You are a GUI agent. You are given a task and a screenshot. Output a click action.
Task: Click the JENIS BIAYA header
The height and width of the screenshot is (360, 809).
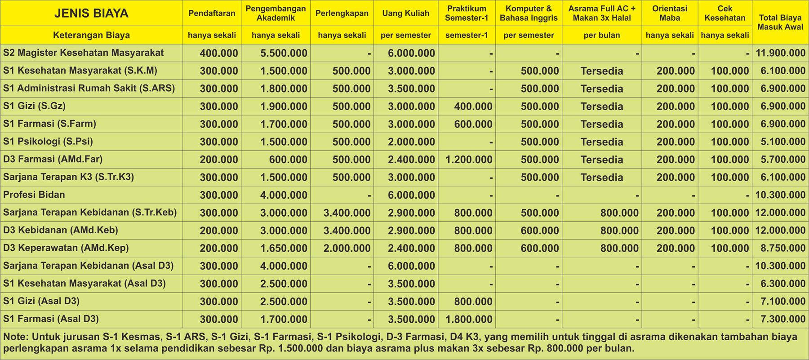click(91, 13)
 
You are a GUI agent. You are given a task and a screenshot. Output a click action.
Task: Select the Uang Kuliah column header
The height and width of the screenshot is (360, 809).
click(405, 13)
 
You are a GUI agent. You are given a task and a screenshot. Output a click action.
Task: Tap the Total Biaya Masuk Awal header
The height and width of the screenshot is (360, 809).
click(780, 22)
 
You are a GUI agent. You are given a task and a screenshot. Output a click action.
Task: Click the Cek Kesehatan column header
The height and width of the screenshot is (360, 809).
click(725, 13)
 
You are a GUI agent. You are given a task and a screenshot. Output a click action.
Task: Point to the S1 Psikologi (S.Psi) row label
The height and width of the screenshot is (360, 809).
click(48, 142)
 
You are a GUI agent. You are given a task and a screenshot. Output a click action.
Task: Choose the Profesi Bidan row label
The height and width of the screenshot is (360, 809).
click(34, 195)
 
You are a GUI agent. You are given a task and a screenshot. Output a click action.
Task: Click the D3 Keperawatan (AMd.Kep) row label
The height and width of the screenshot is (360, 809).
click(66, 248)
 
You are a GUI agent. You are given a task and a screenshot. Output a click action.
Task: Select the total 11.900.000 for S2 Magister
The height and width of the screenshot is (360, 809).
click(780, 53)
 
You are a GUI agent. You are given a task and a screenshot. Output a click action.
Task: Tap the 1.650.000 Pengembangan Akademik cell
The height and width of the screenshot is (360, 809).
click(284, 248)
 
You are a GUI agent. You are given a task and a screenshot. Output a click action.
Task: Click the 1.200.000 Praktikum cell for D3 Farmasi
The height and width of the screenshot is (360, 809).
click(469, 160)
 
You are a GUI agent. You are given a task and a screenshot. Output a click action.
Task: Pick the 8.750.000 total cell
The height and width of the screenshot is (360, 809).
click(783, 248)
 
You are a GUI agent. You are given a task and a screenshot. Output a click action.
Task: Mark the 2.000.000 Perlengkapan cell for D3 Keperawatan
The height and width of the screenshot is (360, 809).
click(347, 248)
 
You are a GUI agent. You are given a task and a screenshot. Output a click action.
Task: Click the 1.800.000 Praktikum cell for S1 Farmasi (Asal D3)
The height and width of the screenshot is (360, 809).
click(469, 319)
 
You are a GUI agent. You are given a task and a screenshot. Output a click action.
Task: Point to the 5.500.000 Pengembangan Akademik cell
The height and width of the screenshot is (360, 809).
click(284, 53)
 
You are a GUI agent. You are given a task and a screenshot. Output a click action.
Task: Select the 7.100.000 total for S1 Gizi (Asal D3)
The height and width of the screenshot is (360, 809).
click(783, 301)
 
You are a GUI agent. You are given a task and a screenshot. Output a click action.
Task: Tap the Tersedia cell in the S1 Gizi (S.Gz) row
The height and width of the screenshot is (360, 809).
click(601, 107)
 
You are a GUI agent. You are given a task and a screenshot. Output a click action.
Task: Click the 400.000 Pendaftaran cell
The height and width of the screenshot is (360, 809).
click(219, 53)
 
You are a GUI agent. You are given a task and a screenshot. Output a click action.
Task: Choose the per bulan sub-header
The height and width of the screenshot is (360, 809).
click(601, 35)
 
